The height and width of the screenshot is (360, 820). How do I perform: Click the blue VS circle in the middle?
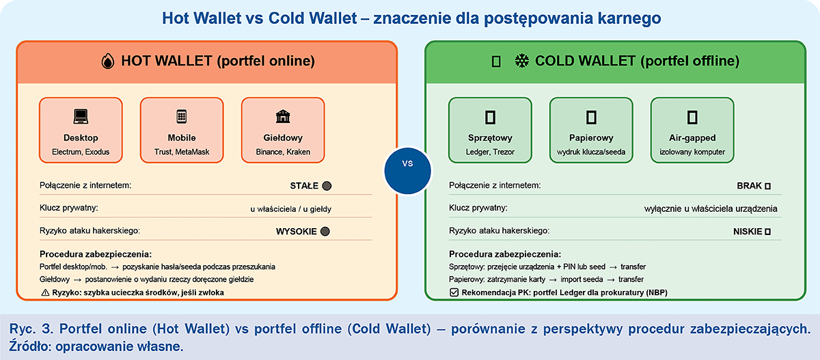tap(408, 171)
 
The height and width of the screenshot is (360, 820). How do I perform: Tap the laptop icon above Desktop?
tap(81, 117)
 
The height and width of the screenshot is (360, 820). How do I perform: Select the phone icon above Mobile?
tap(182, 117)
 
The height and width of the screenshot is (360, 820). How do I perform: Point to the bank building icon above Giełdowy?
tap(283, 117)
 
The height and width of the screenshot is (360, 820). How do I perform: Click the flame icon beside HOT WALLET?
tap(108, 61)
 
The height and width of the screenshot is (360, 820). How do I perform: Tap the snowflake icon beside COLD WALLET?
tap(522, 61)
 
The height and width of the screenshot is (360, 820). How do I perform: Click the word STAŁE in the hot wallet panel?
tap(304, 186)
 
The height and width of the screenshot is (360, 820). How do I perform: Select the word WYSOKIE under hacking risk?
tap(296, 232)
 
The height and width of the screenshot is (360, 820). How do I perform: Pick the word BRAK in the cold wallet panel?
tap(750, 186)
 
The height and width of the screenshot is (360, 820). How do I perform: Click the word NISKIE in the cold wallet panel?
tap(748, 232)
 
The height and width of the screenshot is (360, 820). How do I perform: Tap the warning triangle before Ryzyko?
tap(45, 292)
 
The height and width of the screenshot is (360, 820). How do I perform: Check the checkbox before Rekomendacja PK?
tap(454, 292)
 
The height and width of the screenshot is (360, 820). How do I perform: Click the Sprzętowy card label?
tap(490, 138)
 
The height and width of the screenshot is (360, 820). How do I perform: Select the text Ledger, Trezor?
tap(490, 152)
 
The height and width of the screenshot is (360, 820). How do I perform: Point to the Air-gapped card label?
tap(692, 138)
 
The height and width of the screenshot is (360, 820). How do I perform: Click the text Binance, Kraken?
tap(283, 152)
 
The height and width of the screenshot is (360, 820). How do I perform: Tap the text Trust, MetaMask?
tap(182, 152)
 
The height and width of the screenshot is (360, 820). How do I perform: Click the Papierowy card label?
tap(591, 138)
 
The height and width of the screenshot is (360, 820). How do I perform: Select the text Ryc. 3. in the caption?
tap(31, 329)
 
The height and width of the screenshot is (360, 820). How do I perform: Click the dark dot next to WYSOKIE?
tap(325, 232)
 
